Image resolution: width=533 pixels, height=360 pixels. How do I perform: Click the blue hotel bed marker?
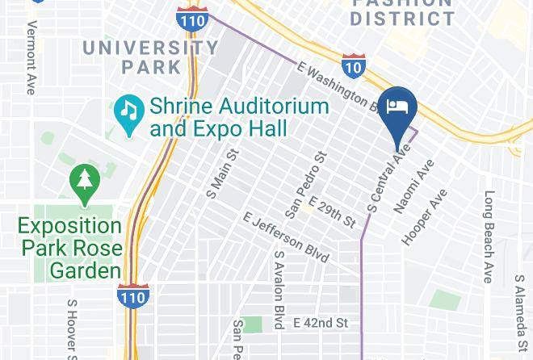397,108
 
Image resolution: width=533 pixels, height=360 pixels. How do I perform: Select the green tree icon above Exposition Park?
84,180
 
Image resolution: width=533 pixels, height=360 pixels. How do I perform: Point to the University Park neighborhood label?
150,57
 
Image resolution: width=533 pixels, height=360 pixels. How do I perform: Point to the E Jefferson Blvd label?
286,237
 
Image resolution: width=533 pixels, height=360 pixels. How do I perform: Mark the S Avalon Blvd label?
279,289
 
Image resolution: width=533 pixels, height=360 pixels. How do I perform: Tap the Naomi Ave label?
413,186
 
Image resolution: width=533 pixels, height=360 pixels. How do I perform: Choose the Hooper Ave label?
425,217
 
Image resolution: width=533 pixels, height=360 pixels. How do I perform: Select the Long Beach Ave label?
489,237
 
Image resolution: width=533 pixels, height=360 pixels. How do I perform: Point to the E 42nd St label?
321,323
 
